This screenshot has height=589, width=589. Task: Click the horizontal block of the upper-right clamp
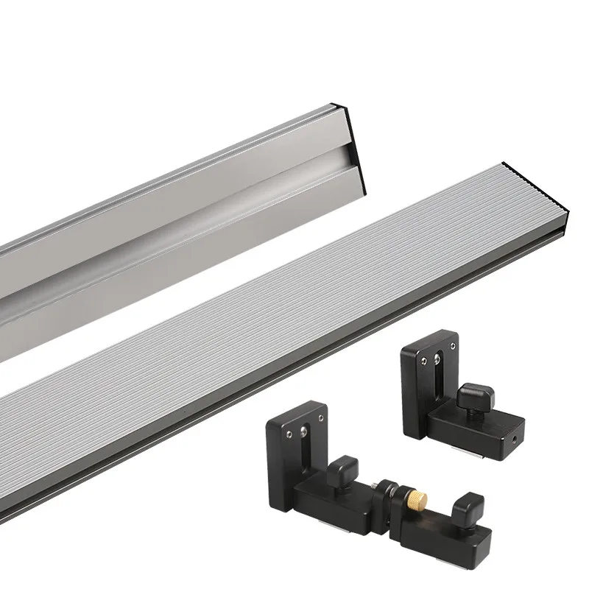pos(479,427)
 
